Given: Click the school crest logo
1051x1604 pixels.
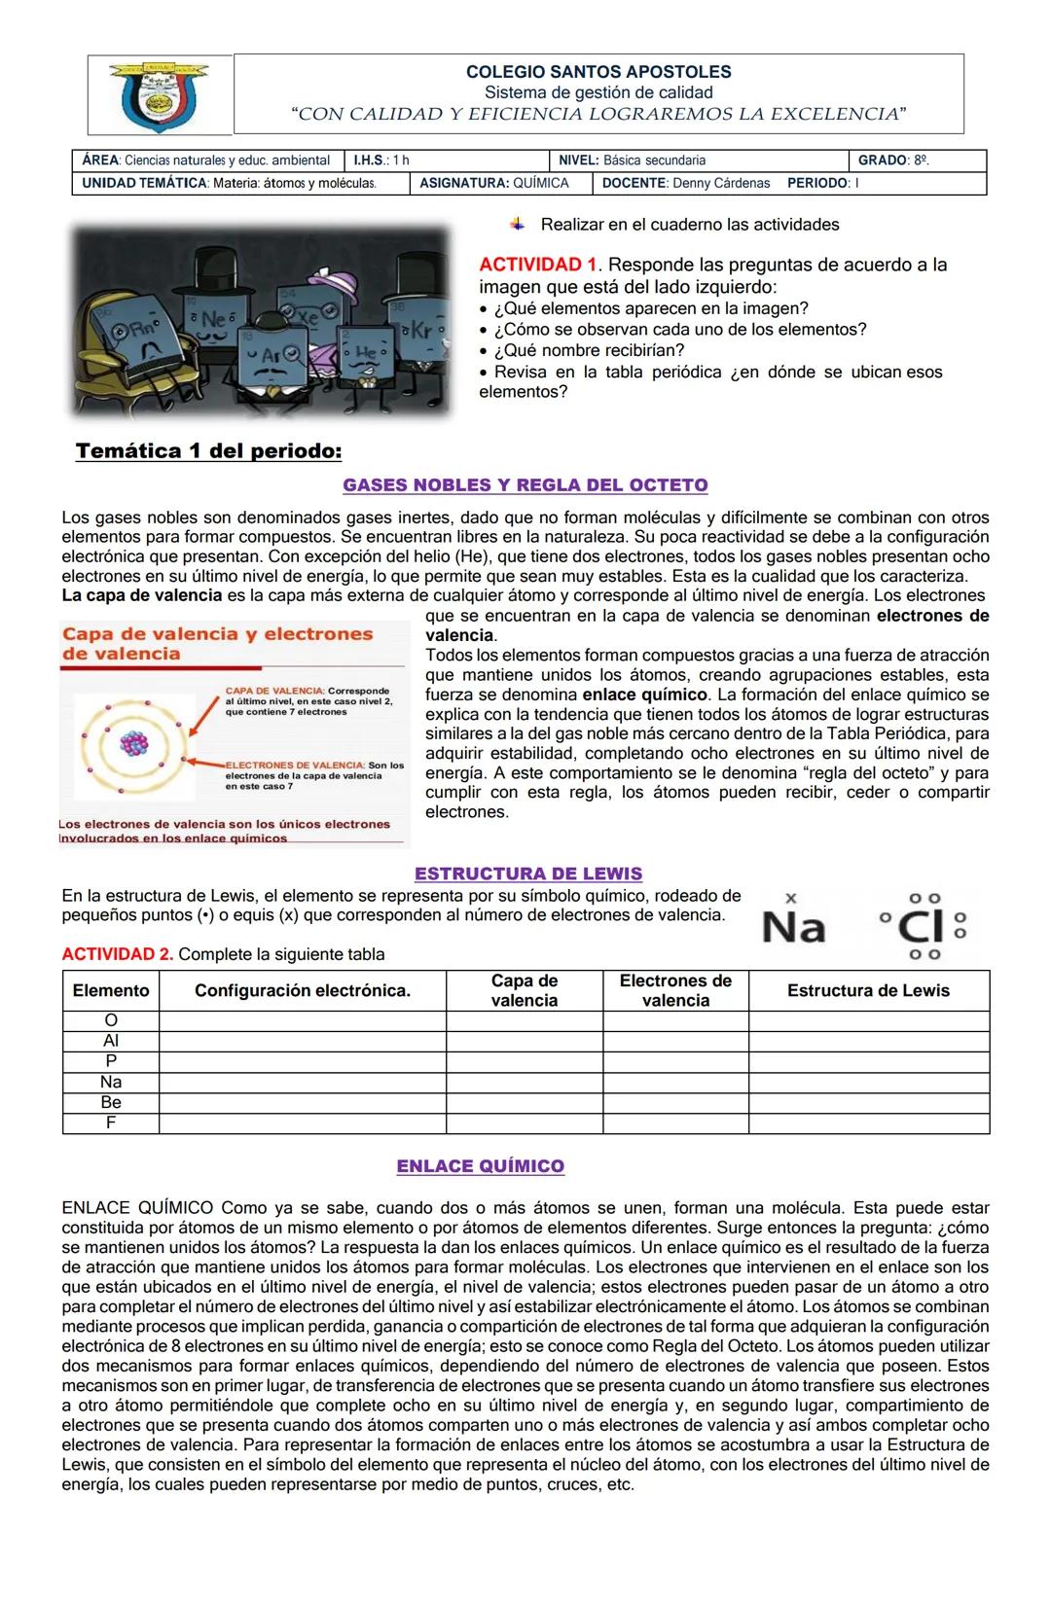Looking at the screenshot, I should [160, 95].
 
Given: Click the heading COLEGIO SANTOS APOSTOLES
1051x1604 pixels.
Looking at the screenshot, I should [598, 72].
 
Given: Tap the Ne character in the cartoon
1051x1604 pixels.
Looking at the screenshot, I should [212, 317].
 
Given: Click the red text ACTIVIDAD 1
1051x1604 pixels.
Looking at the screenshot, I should [538, 265].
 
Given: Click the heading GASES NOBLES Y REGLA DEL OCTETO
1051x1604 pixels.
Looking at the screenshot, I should [525, 485].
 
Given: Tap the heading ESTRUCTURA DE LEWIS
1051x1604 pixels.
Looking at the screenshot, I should [528, 873].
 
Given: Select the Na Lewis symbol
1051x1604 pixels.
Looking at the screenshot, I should [793, 926].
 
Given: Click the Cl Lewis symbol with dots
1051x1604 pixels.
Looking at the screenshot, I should [922, 927].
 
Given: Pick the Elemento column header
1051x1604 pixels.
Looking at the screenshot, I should [111, 991].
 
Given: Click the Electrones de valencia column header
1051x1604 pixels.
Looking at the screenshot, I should [675, 991].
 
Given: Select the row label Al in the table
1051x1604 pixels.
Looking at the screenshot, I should [111, 1041].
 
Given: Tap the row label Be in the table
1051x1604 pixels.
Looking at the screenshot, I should [111, 1102].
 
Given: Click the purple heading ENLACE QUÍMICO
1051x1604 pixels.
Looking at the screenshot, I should [481, 1166].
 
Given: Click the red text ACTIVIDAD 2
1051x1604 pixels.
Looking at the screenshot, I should [117, 954].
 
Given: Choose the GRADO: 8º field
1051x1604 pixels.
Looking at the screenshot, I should [893, 160].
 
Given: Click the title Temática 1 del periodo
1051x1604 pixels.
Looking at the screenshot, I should [209, 451].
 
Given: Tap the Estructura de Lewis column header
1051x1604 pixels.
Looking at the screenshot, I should [868, 991].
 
